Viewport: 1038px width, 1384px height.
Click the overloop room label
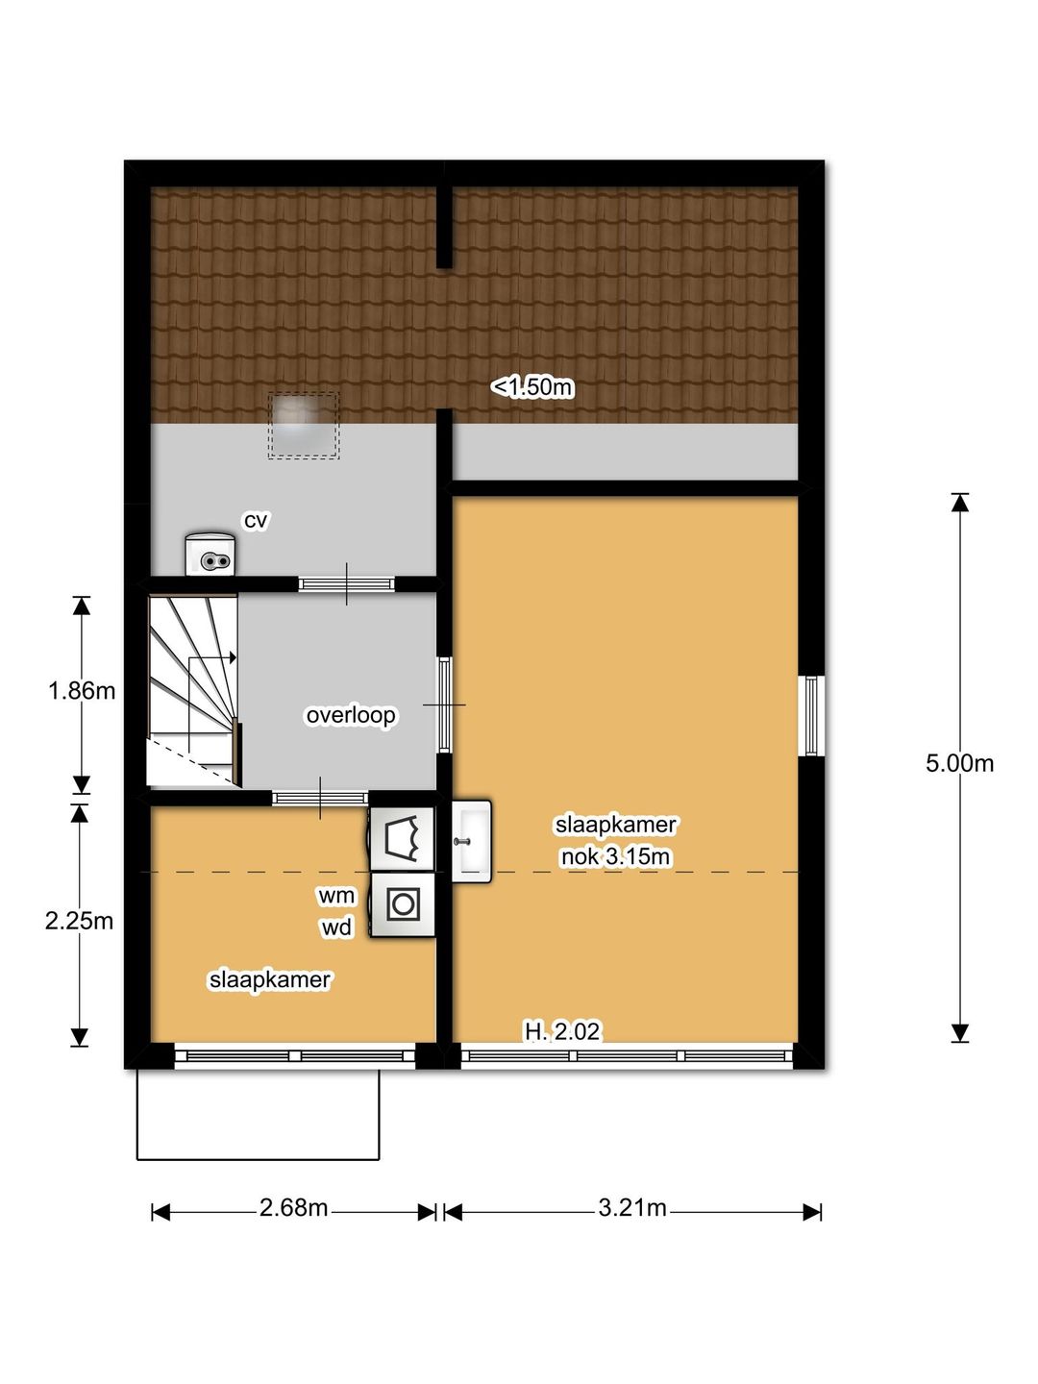(351, 715)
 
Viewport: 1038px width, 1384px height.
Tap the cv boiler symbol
(210, 555)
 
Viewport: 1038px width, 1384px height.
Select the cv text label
(256, 521)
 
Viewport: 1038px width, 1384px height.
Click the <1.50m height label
(532, 386)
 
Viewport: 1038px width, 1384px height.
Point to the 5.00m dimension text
(959, 763)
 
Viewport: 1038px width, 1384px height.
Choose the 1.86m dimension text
(82, 691)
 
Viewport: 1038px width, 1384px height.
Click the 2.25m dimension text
(80, 921)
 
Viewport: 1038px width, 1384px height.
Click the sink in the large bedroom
(471, 841)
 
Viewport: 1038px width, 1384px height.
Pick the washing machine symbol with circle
(403, 904)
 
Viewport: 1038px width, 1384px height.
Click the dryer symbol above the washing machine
(402, 839)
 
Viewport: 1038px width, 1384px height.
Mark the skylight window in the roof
(304, 425)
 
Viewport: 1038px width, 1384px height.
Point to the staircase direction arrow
(212, 657)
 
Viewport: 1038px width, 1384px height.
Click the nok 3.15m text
(615, 857)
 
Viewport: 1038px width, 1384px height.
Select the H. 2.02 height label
(563, 1032)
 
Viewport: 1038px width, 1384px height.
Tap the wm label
(336, 896)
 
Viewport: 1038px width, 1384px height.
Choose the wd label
(336, 927)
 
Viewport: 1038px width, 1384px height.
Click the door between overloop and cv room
(346, 583)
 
